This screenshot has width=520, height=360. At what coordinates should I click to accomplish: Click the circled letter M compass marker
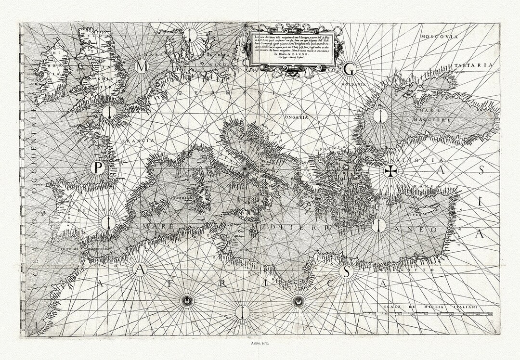142,67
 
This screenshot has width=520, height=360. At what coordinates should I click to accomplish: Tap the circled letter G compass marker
349,70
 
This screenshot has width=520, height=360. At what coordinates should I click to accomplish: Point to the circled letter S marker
345,272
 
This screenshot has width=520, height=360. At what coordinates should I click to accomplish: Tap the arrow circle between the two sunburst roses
240,312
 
